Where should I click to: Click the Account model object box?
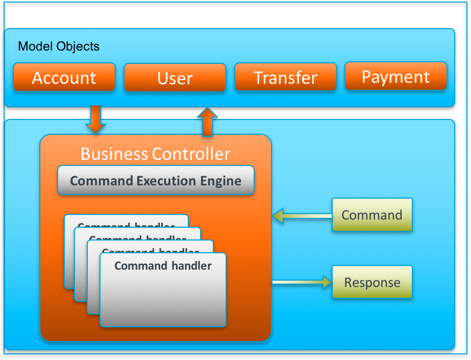point(64,78)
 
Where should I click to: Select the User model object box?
point(175,78)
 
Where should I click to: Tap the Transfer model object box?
point(286,77)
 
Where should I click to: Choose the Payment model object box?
point(396,77)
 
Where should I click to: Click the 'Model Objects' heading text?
point(59,46)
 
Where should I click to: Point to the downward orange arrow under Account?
point(95,119)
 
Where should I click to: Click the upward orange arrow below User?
point(207,122)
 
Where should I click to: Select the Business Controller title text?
point(156,154)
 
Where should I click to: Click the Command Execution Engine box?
point(156,180)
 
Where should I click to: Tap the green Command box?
point(372,215)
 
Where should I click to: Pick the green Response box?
point(372,282)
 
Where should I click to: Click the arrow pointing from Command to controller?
point(302,216)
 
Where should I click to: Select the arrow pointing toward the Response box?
point(302,281)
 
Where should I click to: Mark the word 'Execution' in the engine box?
point(166,181)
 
